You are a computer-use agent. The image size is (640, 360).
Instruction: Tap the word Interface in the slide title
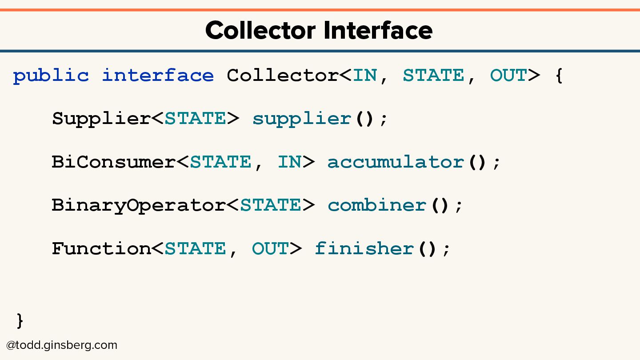click(x=378, y=31)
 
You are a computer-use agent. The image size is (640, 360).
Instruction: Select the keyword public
click(x=51, y=76)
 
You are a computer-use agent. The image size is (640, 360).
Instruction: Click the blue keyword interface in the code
click(x=158, y=76)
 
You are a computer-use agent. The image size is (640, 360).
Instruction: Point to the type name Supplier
click(x=102, y=119)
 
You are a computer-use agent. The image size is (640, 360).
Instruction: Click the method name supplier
click(x=302, y=119)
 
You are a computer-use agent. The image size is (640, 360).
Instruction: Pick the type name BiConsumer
click(x=114, y=162)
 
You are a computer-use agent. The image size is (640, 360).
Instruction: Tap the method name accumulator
click(x=396, y=162)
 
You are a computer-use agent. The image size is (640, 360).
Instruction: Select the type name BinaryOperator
click(x=139, y=205)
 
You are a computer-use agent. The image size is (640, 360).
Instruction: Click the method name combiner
click(x=377, y=205)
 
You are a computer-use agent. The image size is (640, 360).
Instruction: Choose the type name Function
click(x=102, y=248)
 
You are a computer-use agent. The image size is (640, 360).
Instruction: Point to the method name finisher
click(x=364, y=248)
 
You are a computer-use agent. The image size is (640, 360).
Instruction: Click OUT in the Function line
click(x=271, y=248)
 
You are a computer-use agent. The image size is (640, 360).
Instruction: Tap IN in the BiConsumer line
click(x=290, y=162)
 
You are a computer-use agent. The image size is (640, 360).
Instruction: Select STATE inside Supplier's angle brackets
click(x=196, y=119)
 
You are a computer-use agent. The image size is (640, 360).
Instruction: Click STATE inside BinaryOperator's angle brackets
click(x=271, y=205)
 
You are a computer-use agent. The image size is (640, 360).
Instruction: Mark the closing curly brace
click(x=20, y=320)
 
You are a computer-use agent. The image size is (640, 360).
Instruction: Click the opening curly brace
click(x=559, y=76)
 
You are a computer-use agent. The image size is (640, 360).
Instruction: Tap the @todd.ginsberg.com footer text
click(x=62, y=345)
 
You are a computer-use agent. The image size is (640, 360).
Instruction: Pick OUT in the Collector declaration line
click(x=508, y=76)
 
